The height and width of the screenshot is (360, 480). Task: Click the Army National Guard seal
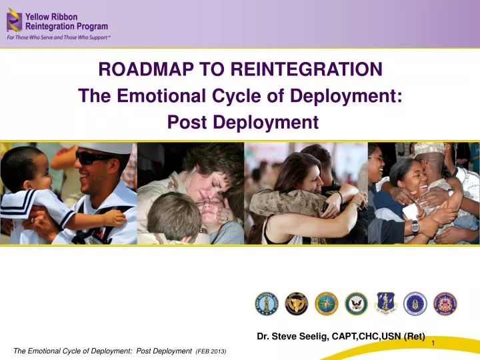click(267, 303)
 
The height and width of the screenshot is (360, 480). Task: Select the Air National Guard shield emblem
click(386, 303)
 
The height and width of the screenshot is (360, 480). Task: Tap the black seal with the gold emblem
click(297, 303)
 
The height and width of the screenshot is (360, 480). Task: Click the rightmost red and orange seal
click(445, 303)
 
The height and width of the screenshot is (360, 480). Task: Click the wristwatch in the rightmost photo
click(415, 225)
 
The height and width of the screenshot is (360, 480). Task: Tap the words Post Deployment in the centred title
click(240, 123)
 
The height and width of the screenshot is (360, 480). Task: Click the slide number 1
click(433, 343)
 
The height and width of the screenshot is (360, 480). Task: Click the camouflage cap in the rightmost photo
click(429, 148)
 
